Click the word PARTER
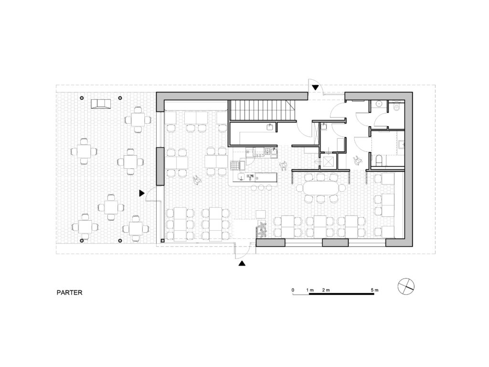pyautogui.click(x=70, y=293)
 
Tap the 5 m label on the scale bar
pyautogui.click(x=374, y=290)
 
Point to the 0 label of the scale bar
pyautogui.click(x=293, y=290)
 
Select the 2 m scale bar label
pyautogui.click(x=326, y=290)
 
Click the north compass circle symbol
pyautogui.click(x=406, y=286)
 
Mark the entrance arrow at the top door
pyautogui.click(x=316, y=88)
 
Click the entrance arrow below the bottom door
pyautogui.click(x=242, y=263)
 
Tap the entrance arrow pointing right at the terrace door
pyautogui.click(x=142, y=193)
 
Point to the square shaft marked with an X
pyautogui.click(x=329, y=162)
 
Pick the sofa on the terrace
pyautogui.click(x=101, y=104)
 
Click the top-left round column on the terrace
pyautogui.click(x=82, y=98)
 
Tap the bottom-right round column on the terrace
pyautogui.click(x=120, y=241)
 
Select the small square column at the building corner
pyautogui.click(x=162, y=241)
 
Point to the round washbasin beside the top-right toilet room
pyautogui.click(x=379, y=104)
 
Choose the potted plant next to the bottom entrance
pyautogui.click(x=261, y=229)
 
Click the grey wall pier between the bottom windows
pyautogui.click(x=335, y=243)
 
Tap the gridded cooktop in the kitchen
pyautogui.click(x=234, y=165)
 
